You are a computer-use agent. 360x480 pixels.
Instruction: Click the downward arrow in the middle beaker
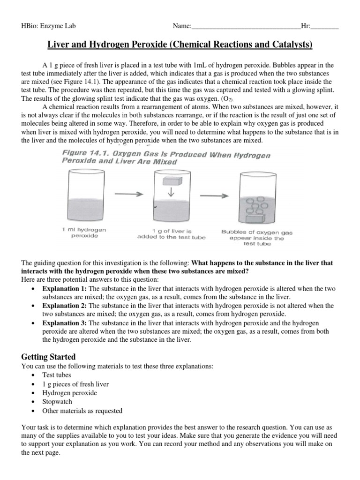[x=171, y=193]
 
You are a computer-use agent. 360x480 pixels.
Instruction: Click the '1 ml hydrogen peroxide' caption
[x=84, y=233]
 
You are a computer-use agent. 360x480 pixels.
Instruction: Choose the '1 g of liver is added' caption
[x=171, y=234]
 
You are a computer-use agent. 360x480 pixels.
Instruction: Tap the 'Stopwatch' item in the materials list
[x=57, y=402]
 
